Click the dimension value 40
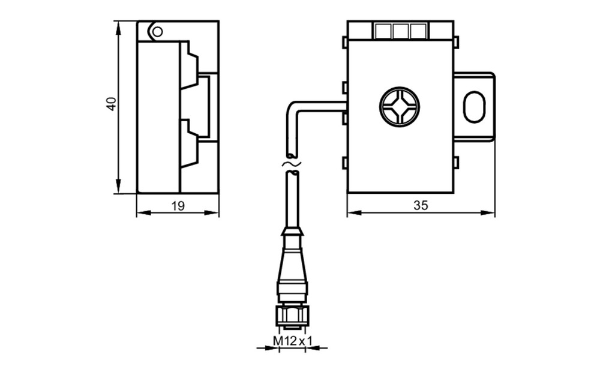112,104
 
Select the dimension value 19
178,206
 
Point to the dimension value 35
421,206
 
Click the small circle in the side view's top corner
157,31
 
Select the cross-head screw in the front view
400,106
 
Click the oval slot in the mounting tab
475,107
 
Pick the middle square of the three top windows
401,31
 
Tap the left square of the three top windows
383,31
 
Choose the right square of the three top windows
418,31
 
